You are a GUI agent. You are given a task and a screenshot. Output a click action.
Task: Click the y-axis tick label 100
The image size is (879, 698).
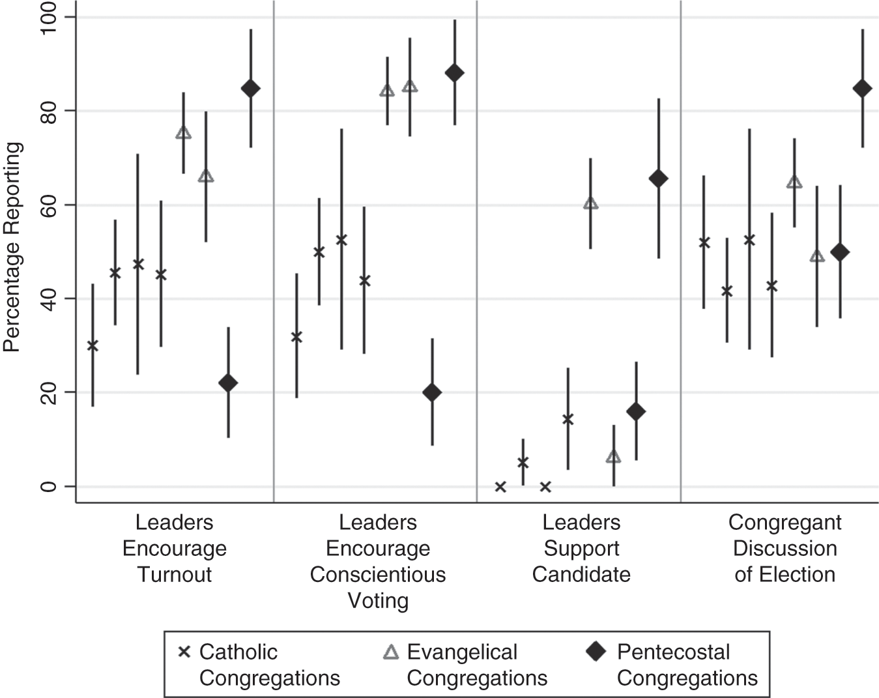coord(49,18)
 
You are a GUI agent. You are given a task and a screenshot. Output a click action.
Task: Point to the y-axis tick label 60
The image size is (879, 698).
coord(49,205)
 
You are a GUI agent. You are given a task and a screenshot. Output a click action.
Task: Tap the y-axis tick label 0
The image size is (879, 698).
coord(49,486)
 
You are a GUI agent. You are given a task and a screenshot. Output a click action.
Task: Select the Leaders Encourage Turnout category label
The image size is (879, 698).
coord(174,548)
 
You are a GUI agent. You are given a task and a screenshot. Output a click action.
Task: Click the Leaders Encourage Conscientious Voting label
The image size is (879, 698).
coord(378,560)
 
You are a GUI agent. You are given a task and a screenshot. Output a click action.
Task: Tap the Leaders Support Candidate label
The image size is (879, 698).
coord(581,548)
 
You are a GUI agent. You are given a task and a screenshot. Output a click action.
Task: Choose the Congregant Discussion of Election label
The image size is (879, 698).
coord(785,548)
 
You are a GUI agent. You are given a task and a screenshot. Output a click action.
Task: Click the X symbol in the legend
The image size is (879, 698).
coord(184,652)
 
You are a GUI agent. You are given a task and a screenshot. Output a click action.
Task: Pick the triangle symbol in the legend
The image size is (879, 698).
coord(391,652)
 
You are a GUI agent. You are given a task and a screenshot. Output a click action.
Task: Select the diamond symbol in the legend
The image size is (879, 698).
coord(596,652)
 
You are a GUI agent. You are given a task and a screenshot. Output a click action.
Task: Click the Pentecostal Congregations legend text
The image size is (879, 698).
coord(687,664)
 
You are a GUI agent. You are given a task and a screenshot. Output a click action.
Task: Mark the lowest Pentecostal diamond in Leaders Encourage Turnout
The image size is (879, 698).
coord(228,383)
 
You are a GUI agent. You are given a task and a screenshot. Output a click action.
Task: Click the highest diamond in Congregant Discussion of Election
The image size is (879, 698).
coord(862,89)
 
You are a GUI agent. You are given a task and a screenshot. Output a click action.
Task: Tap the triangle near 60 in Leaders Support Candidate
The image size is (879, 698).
coord(590,203)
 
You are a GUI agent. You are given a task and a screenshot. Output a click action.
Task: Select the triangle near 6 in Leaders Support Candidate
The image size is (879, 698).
coord(613,457)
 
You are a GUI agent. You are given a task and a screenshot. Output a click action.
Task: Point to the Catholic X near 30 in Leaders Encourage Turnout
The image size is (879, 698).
coord(93,345)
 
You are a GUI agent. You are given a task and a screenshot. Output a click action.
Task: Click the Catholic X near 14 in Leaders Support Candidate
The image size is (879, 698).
coord(568,419)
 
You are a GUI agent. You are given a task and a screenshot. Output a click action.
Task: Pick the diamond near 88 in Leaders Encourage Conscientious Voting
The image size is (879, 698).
coord(454,72)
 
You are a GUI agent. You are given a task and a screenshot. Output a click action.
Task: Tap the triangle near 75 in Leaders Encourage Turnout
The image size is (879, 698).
coord(184,133)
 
